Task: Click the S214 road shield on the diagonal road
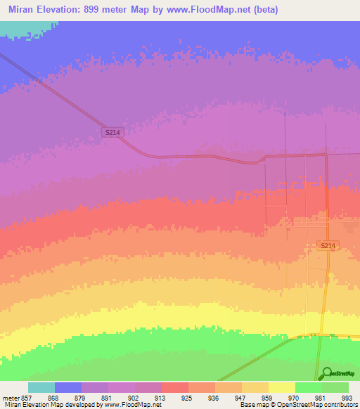pyautogui.click(x=111, y=131)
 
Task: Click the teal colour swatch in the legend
pyautogui.click(x=41, y=387)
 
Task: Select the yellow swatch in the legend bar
pyautogui.click(x=282, y=387)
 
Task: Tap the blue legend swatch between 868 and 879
pyautogui.click(x=68, y=387)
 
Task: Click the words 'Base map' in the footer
pyautogui.click(x=252, y=405)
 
